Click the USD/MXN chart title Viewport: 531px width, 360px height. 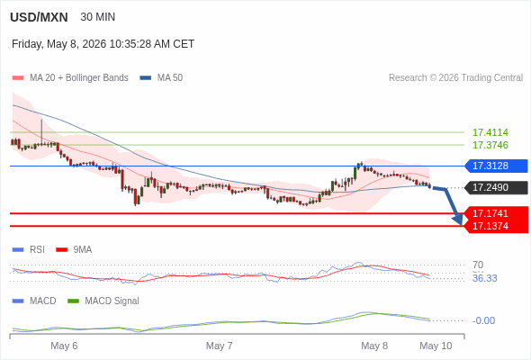click(x=39, y=17)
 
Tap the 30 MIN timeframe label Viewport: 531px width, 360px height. click(x=98, y=17)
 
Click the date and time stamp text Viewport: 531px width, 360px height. click(x=103, y=44)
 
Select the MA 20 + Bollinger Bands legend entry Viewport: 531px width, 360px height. click(x=70, y=78)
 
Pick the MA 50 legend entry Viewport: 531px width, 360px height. click(x=161, y=78)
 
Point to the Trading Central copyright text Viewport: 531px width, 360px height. click(x=455, y=78)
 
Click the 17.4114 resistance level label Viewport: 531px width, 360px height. click(x=490, y=132)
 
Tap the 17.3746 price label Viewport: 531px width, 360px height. click(x=490, y=145)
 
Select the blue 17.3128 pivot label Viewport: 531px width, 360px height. click(x=496, y=166)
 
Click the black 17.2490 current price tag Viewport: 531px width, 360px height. click(x=496, y=187)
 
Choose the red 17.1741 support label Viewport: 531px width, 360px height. click(x=496, y=213)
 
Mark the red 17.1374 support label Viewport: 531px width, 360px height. click(x=496, y=226)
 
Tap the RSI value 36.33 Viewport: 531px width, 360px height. click(x=484, y=278)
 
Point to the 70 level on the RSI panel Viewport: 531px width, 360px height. click(x=478, y=265)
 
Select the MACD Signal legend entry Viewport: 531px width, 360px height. click(x=103, y=301)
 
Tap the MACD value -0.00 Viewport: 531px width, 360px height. click(x=483, y=320)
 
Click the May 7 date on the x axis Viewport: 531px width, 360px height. click(x=219, y=346)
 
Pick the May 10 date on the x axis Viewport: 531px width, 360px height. click(x=436, y=346)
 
